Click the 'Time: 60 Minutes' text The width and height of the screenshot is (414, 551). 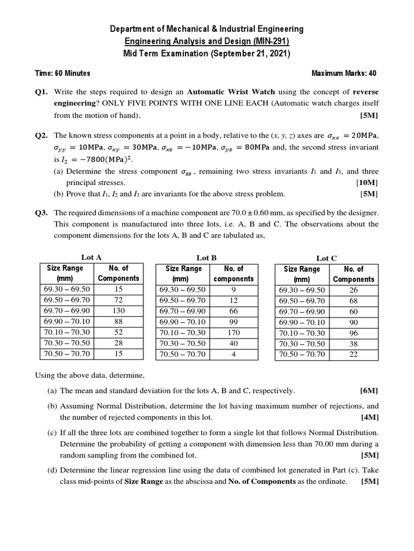[x=63, y=73]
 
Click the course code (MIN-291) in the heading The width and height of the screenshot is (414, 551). [x=267, y=41]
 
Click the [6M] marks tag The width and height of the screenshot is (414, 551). [x=369, y=391]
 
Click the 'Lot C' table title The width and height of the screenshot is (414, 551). [x=326, y=258]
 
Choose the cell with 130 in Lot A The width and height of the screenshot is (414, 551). [x=118, y=310]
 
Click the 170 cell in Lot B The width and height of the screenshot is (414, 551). [x=233, y=333]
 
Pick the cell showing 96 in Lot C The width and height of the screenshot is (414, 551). [x=353, y=333]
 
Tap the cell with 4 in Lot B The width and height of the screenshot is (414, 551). [x=233, y=354]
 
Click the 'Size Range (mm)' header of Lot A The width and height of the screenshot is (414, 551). [x=65, y=273]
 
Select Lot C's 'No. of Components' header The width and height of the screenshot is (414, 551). [x=353, y=274]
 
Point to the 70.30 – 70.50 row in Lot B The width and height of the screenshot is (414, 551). [x=182, y=343]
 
